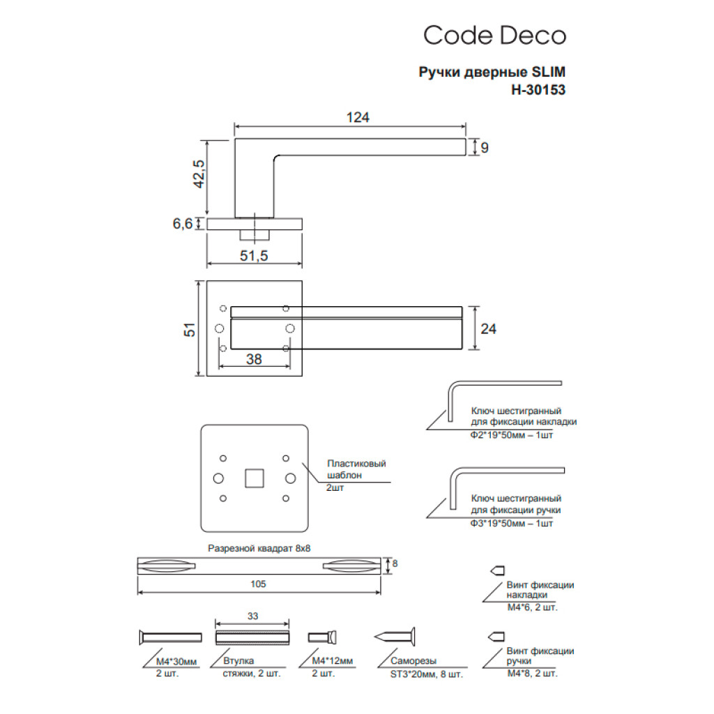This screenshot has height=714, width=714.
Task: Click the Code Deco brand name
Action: pyautogui.click(x=494, y=36)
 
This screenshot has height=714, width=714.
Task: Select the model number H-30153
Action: pyautogui.click(x=538, y=89)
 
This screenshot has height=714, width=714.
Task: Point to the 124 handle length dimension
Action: pyautogui.click(x=357, y=117)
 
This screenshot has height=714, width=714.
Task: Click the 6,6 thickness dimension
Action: pyautogui.click(x=183, y=223)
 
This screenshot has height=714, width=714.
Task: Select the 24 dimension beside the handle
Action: pyautogui.click(x=488, y=328)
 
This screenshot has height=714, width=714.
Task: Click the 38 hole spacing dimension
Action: pyautogui.click(x=254, y=359)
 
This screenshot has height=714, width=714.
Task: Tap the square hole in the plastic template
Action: pyautogui.click(x=254, y=478)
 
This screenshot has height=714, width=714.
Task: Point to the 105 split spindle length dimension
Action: pyautogui.click(x=259, y=584)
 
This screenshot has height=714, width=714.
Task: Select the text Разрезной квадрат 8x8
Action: pyautogui.click(x=259, y=548)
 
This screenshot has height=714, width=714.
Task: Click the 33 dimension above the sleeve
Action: pyautogui.click(x=252, y=616)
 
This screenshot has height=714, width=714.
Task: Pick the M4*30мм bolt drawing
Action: pyautogui.click(x=170, y=637)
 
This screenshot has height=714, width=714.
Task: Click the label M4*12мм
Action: pyautogui.click(x=332, y=660)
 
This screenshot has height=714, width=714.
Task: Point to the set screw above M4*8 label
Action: pyautogui.click(x=496, y=637)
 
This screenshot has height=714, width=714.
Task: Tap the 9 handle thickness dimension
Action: pyautogui.click(x=485, y=147)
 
